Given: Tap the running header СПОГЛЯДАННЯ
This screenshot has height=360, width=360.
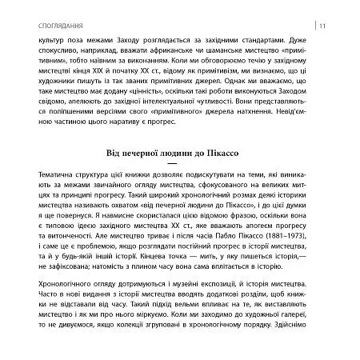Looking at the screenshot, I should coord(51,10).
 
